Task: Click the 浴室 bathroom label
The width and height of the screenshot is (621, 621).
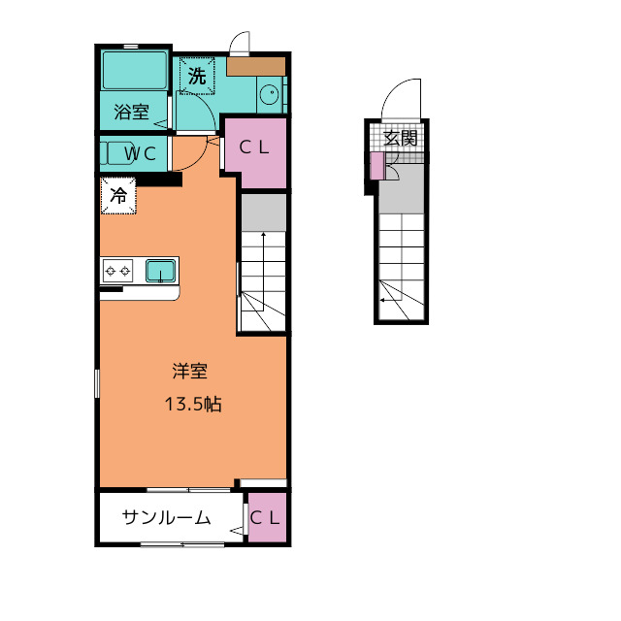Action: [x=132, y=113]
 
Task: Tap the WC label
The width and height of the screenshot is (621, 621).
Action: [x=140, y=154]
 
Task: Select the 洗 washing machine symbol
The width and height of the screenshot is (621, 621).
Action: [x=197, y=76]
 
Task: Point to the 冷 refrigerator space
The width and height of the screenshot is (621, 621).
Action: [x=118, y=196]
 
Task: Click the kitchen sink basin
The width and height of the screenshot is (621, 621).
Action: [x=160, y=271]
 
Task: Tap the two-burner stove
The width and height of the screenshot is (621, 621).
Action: [x=117, y=271]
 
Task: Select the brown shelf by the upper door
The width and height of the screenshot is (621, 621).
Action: [x=256, y=66]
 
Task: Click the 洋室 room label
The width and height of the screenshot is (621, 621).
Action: [x=190, y=371]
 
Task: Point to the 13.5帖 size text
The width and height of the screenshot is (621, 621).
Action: [x=193, y=404]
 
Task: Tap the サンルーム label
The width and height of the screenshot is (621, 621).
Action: [x=166, y=517]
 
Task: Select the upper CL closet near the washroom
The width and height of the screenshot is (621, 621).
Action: [x=255, y=152]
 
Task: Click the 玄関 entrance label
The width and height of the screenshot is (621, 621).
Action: [x=401, y=138]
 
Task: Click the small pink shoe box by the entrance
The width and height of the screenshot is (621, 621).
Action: [x=377, y=166]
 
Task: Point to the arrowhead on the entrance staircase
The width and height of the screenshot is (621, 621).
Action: [x=382, y=300]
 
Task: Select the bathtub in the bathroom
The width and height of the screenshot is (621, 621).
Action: [x=135, y=70]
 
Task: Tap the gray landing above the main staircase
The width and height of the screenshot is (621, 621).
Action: [x=264, y=212]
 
